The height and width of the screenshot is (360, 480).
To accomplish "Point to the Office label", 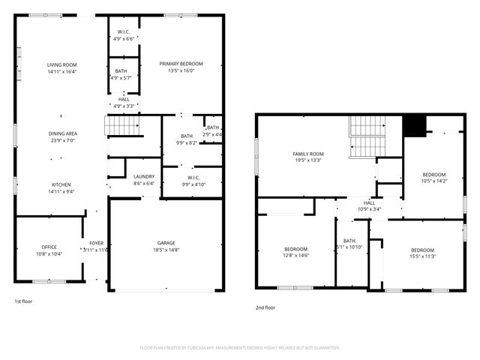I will [49, 250].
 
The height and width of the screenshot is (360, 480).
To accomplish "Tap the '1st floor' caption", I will [24, 301].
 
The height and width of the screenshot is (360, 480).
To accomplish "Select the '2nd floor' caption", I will [265, 307].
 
